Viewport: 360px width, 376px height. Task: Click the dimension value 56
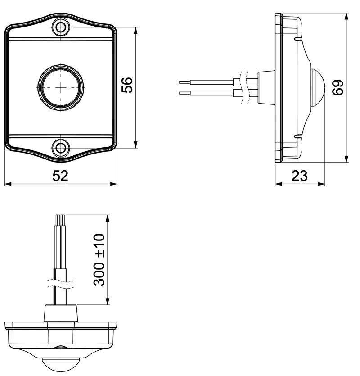tap(127, 85)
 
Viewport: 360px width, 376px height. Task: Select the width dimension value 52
tap(60, 176)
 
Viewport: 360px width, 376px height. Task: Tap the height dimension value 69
tap(338, 87)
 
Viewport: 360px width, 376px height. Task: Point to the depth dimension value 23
tap(299, 176)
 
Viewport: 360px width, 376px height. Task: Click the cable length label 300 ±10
tap(99, 260)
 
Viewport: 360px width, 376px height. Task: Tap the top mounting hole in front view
tap(61, 27)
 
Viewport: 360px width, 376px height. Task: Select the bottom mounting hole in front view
tap(61, 148)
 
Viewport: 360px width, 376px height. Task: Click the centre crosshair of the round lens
tap(61, 87)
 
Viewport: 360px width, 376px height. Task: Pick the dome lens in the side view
tap(318, 87)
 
